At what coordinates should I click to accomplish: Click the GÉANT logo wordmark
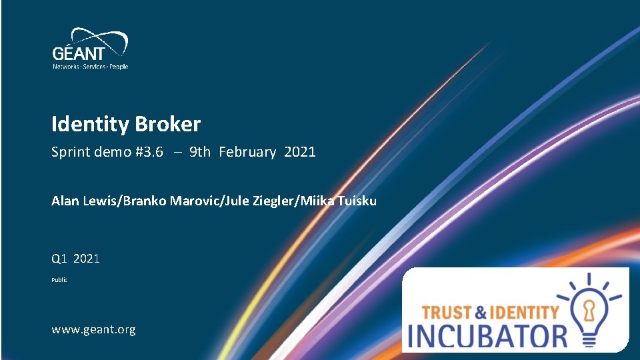pyautogui.click(x=79, y=53)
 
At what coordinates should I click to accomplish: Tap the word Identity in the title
pyautogui.click(x=91, y=125)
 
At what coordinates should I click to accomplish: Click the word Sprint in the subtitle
pyautogui.click(x=70, y=152)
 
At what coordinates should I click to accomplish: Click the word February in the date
pyautogui.click(x=247, y=152)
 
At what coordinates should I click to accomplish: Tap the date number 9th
pyautogui.click(x=200, y=152)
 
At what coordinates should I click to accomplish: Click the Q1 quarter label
pyautogui.click(x=60, y=259)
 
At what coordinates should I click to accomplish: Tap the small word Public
pyautogui.click(x=59, y=280)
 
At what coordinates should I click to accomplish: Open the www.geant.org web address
pyautogui.click(x=93, y=329)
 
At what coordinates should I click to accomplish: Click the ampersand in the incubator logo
pyautogui.click(x=481, y=311)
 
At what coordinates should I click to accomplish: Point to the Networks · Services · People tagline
pyautogui.click(x=91, y=67)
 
